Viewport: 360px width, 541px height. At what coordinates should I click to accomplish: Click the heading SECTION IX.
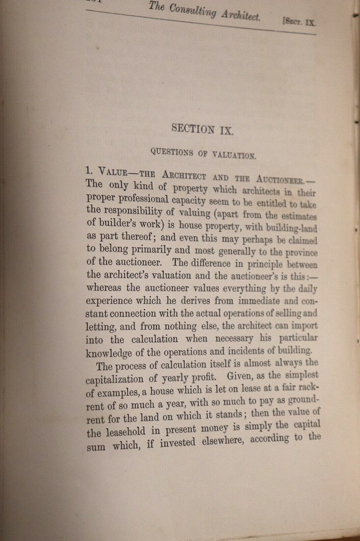(202, 129)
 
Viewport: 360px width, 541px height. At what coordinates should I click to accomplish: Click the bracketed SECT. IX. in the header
(299, 21)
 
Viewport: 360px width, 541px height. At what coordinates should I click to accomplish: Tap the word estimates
(294, 216)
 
